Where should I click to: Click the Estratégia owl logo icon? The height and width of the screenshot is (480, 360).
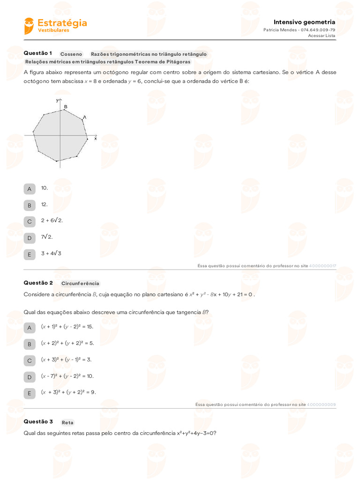29,26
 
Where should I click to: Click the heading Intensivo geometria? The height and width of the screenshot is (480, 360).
304,22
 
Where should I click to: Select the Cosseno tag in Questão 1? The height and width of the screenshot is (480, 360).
71,54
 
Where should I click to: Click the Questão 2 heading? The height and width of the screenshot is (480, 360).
38,283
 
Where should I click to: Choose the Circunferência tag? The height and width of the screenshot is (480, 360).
80,284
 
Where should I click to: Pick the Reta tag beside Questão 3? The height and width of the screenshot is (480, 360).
67,422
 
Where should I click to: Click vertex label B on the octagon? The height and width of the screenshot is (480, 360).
66,107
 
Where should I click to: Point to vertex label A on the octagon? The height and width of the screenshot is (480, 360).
84,117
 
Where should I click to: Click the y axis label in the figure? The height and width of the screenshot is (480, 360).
56,100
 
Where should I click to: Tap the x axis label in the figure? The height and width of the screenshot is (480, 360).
96,139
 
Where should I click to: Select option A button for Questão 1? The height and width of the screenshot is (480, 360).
29,189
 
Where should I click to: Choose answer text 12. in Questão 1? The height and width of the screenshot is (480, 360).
45,204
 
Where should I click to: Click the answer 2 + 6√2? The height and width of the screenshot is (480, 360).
52,220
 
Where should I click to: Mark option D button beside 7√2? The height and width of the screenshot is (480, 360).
29,238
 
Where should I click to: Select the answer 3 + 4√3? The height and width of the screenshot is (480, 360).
51,254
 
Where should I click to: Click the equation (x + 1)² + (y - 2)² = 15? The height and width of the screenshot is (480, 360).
67,326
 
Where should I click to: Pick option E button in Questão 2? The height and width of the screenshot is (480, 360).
29,393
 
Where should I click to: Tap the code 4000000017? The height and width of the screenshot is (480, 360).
323,266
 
